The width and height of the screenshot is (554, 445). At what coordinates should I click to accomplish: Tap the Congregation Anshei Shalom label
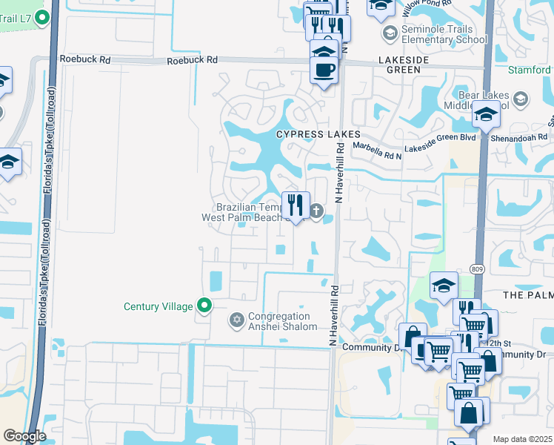coord(283,321)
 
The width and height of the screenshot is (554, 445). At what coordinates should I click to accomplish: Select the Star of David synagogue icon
coord(237,320)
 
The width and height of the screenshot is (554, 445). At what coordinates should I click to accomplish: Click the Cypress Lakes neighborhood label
coord(318,134)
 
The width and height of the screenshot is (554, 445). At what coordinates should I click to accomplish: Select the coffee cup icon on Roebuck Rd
coord(324,70)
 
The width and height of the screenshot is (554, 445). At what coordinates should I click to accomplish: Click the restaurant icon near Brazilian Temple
coord(296,204)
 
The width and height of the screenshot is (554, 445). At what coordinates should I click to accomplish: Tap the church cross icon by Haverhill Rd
coord(316,212)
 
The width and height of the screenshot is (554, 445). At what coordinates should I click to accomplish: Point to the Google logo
coord(25,436)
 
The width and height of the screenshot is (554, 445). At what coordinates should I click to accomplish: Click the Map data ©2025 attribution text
coord(522,439)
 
